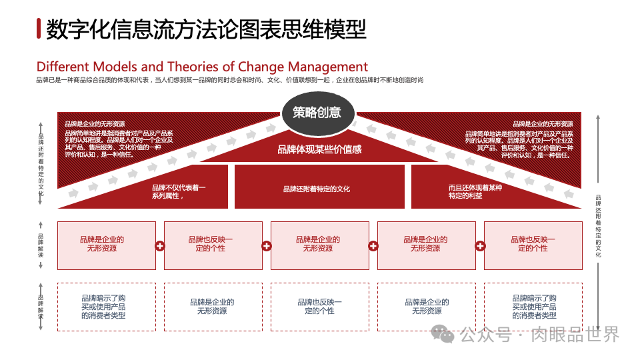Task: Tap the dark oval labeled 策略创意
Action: tap(317, 112)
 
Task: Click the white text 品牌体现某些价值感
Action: tap(319, 149)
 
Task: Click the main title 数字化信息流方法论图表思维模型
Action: tap(207, 29)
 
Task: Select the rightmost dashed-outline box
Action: tap(533, 307)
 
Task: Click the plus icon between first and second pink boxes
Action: tap(160, 245)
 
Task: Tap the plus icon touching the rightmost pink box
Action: tap(479, 245)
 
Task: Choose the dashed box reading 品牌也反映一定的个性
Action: tap(319, 307)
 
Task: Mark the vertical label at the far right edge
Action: tap(598, 227)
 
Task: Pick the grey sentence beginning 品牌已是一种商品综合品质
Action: tap(230, 80)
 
